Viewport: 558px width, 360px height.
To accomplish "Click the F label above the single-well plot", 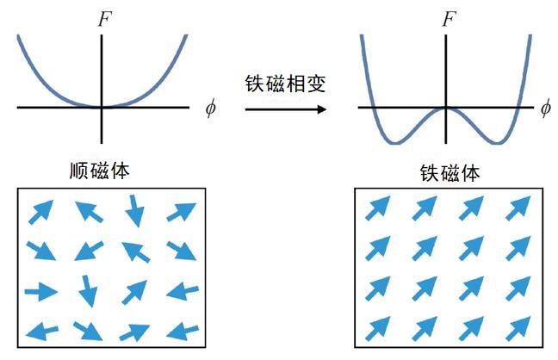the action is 105,19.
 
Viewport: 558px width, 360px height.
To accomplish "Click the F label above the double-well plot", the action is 449,19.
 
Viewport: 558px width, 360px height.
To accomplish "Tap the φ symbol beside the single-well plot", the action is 211,108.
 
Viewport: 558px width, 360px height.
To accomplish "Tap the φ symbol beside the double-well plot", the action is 546,108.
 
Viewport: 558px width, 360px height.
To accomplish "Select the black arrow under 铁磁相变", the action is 286,109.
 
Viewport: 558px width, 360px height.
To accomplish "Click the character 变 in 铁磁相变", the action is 316,84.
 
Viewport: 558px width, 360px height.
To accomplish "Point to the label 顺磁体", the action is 100,171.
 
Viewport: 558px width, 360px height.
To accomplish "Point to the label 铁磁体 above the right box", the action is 449,173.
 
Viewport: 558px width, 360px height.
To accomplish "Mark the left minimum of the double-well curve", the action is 395,143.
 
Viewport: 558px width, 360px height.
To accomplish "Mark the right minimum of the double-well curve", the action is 499,143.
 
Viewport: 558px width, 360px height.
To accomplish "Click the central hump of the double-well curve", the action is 446,109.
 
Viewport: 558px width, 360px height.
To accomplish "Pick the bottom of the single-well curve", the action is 102,107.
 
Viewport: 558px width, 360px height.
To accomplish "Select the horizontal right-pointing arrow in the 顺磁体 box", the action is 41,292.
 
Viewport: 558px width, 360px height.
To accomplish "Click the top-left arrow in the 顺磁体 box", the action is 41,212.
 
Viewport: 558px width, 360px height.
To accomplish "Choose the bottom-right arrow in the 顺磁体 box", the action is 183,332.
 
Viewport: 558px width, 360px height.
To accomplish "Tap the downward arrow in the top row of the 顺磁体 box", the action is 135,211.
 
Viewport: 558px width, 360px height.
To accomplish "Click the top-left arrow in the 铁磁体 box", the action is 378,208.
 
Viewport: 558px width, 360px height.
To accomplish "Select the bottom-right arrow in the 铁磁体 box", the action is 518,329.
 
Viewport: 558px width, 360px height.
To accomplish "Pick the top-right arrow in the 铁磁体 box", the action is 518,208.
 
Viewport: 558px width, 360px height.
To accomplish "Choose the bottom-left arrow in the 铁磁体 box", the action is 378,329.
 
